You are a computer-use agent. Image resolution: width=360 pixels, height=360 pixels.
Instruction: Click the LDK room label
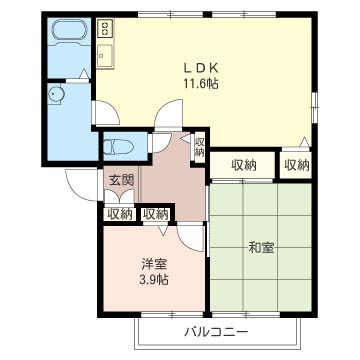point(200,68)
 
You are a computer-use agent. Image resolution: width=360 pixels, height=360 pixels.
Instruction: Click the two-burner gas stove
point(105,31)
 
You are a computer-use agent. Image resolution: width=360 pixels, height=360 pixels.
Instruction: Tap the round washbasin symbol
point(57,95)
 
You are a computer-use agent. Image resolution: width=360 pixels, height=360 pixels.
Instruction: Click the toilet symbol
point(118,146)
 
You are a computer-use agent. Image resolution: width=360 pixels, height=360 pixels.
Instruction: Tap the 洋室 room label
point(153,264)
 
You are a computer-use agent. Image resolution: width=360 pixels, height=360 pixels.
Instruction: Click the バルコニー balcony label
point(215,330)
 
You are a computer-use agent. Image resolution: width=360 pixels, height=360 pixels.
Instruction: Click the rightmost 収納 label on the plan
point(296,165)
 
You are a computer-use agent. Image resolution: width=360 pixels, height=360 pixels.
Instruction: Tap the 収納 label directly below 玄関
point(120,213)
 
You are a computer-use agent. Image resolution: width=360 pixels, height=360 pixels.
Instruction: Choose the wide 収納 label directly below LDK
point(244,165)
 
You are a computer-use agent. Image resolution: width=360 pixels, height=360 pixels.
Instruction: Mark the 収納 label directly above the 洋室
point(155,213)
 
